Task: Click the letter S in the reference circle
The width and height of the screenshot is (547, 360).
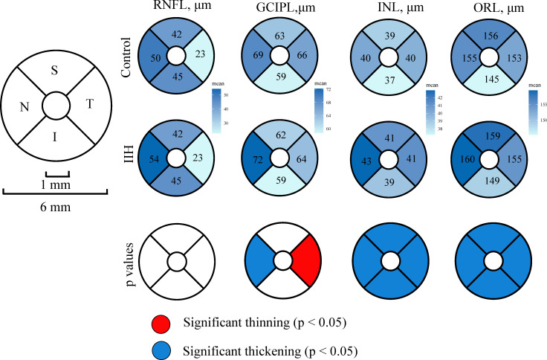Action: (54, 71)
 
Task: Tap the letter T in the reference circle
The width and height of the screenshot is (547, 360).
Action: (90, 105)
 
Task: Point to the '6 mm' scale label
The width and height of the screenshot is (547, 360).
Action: (55, 208)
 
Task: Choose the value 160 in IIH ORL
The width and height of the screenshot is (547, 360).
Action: (469, 159)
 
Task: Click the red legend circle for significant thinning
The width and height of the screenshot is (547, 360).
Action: (161, 322)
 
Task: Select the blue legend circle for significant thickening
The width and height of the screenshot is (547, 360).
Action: (161, 348)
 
